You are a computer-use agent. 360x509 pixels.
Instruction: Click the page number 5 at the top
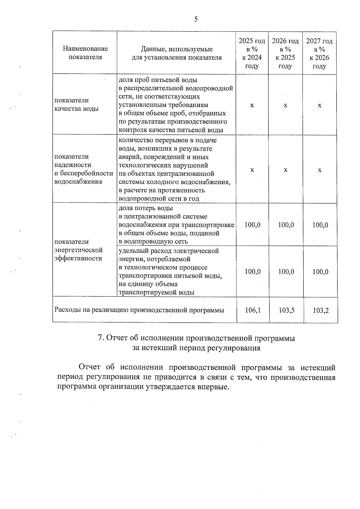coord(196,19)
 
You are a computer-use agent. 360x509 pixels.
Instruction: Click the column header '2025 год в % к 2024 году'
coord(252,53)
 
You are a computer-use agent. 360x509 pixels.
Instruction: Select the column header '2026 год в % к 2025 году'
coord(285,53)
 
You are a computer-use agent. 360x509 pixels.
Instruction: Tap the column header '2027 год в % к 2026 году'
coord(319,53)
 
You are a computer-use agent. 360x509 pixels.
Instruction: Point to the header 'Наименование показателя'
coord(85,53)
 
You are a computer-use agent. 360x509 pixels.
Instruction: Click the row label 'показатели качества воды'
coord(76,104)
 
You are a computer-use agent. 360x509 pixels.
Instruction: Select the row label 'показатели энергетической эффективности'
coord(79,250)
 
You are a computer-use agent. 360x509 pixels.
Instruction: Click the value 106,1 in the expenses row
coord(253,310)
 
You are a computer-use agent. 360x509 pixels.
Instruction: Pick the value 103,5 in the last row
coord(286,310)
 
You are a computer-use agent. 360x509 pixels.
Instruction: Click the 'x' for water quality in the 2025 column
coord(252,105)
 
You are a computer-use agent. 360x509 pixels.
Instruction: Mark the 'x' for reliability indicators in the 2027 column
coord(320,170)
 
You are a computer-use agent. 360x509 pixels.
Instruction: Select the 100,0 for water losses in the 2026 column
coord(286,225)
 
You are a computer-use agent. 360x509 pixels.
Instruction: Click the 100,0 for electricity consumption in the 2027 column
coord(320,272)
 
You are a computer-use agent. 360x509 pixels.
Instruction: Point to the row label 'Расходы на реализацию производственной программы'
coord(139,310)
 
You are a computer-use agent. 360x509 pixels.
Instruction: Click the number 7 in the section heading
coord(101,338)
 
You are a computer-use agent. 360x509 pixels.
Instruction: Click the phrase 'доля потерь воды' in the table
coord(146,208)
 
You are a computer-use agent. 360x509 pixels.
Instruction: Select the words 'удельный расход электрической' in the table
coord(169,251)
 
